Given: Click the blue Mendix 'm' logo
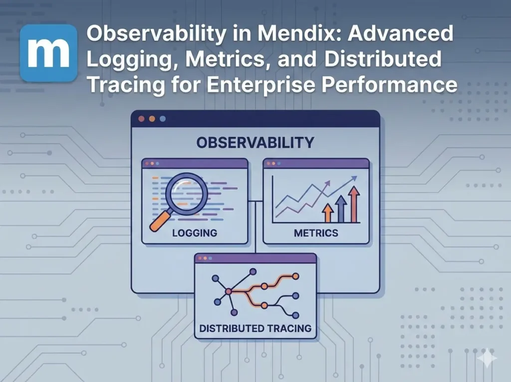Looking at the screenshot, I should click(48, 53).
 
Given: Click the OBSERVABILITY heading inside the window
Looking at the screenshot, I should click(255, 143).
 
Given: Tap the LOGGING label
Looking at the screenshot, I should click(194, 233).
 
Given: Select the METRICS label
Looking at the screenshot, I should click(316, 233).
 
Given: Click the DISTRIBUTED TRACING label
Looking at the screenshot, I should click(255, 328).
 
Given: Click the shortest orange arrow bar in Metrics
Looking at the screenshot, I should click(328, 213).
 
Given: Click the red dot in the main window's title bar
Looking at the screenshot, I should click(141, 119).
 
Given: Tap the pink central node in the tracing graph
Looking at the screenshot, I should click(228, 291).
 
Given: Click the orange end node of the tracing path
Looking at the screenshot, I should click(295, 276).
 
